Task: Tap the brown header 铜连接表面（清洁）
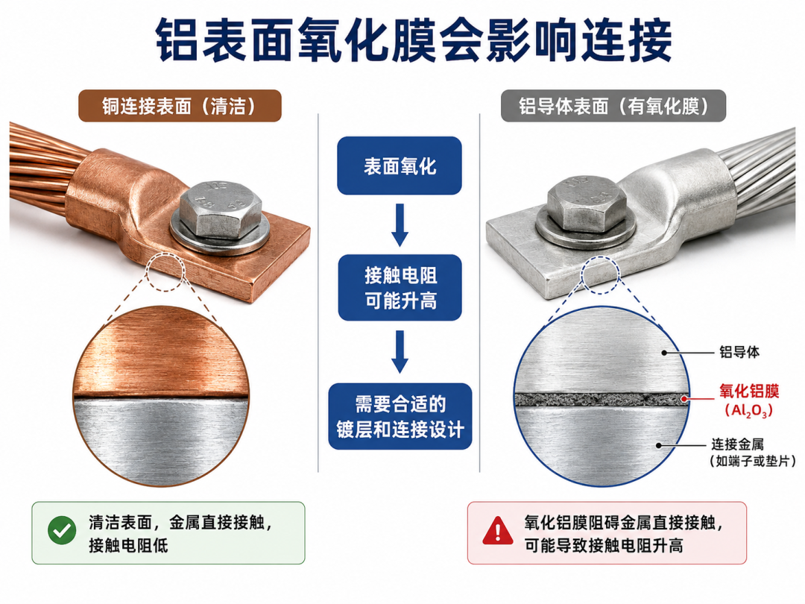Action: coord(180,106)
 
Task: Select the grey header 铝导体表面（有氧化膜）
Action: coord(613,106)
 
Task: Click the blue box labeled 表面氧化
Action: coord(400,166)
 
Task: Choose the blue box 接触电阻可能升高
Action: coord(400,288)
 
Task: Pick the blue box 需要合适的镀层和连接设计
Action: coord(400,416)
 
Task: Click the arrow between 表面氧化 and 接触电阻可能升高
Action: coord(400,225)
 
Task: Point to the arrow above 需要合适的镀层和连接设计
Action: coord(400,352)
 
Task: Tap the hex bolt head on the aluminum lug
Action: coord(586,204)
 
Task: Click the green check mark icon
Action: coord(62,531)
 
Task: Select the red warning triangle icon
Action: coord(497,531)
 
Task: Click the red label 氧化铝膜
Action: coord(749,391)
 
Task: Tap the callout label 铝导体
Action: coord(739,352)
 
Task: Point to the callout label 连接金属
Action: coord(738,444)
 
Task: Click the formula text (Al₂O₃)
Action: coord(748,411)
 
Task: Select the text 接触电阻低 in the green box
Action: coord(128,545)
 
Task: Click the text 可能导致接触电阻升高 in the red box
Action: coord(604,545)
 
